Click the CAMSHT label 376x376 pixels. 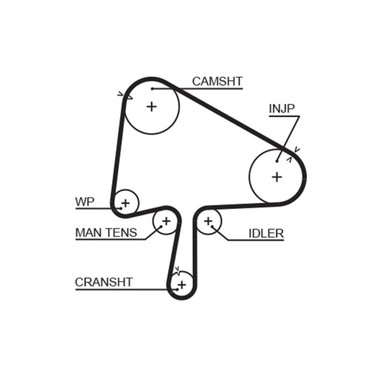point(217,81)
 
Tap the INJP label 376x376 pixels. point(282,109)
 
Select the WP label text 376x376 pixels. point(85,203)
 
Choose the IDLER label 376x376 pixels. point(266,233)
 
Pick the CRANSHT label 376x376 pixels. point(104,282)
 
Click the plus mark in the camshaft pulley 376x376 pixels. point(151,106)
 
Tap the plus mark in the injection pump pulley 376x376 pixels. point(277,177)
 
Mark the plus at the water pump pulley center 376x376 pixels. point(125,203)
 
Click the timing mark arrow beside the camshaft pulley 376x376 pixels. point(127,95)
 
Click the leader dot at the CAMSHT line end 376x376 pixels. point(152,88)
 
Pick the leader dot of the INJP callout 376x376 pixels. point(277,161)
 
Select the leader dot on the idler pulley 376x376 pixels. point(212,227)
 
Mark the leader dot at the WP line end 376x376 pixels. point(120,208)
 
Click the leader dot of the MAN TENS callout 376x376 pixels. point(161,226)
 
